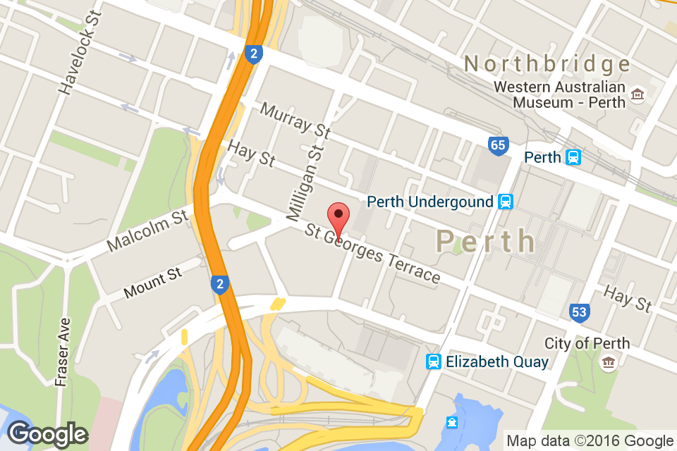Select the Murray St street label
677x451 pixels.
pos(295,120)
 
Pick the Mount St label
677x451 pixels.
pos(152,282)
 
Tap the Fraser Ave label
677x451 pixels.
pos(63,352)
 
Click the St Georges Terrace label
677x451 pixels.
pos(373,254)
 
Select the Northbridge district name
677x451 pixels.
pos(547,65)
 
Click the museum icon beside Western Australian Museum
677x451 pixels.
pos(638,94)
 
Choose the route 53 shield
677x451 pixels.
pos(580,311)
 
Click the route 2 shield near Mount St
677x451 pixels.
pos(220,285)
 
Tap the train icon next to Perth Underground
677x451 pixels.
pos(505,202)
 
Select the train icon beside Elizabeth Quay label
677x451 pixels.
pos(434,362)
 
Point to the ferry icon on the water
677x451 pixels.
pos(451,423)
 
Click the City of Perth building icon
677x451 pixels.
pos(608,363)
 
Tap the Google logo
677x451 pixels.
pos(47,434)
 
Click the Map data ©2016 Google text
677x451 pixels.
pos(590,441)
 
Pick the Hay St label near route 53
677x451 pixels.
pos(628,299)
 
